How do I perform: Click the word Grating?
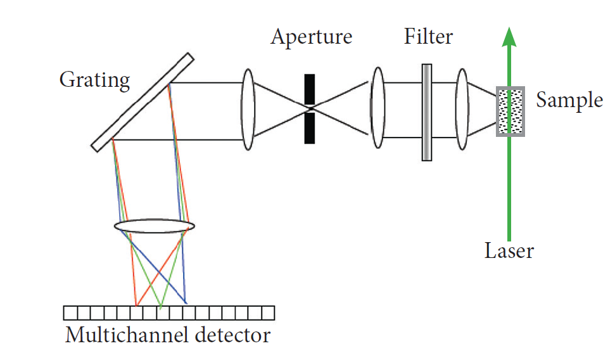94,80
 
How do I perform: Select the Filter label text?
428,37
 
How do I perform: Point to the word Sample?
569,101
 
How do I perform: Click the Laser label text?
509,251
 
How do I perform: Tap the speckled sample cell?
510,111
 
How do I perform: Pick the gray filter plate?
428,112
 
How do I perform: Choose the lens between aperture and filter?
377,108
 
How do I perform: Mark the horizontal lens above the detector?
155,226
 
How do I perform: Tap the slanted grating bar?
142,102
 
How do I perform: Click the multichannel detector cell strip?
169,313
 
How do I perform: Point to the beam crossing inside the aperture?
309,108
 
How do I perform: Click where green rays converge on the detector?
161,307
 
